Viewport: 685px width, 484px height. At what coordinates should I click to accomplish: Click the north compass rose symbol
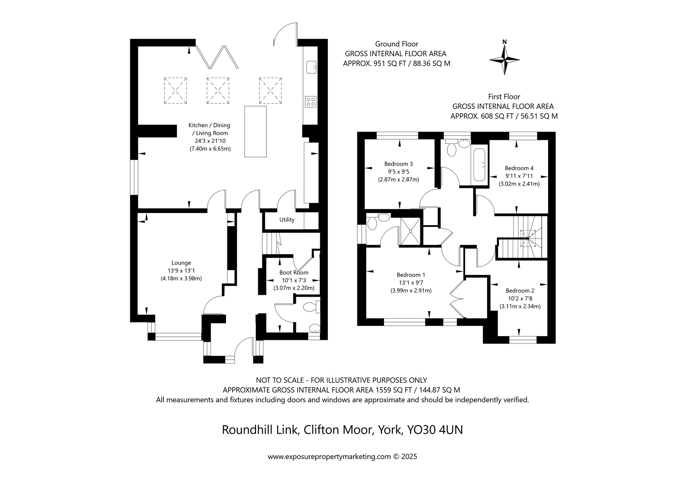click(504, 60)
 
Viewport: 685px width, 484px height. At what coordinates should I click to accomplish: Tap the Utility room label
click(287, 220)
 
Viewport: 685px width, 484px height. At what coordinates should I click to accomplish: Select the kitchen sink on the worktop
click(311, 67)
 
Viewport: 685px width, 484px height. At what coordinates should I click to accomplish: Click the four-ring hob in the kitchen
click(311, 101)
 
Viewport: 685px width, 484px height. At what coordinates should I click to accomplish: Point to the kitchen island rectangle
click(255, 131)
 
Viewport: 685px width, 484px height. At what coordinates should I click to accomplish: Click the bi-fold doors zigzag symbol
click(216, 56)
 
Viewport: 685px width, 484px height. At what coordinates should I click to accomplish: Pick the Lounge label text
click(181, 263)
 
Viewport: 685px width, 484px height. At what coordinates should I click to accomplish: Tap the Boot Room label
click(294, 272)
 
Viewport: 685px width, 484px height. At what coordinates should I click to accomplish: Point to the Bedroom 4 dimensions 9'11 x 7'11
click(519, 176)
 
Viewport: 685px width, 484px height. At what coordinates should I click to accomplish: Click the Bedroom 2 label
click(520, 291)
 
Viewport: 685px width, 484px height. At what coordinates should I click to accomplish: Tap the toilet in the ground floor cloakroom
click(310, 307)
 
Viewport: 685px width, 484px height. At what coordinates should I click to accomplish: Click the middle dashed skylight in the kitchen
click(218, 91)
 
